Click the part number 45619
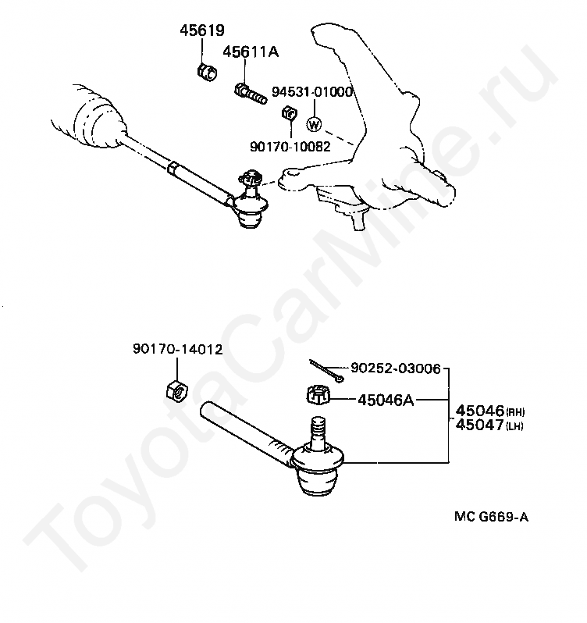click(x=201, y=32)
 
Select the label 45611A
click(x=251, y=52)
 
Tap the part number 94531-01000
click(x=312, y=92)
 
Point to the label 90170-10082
click(x=290, y=145)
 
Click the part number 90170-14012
click(x=177, y=350)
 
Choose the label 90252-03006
click(x=395, y=367)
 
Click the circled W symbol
click(x=314, y=124)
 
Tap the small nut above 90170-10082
click(x=287, y=114)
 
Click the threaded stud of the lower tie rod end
click(x=318, y=432)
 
